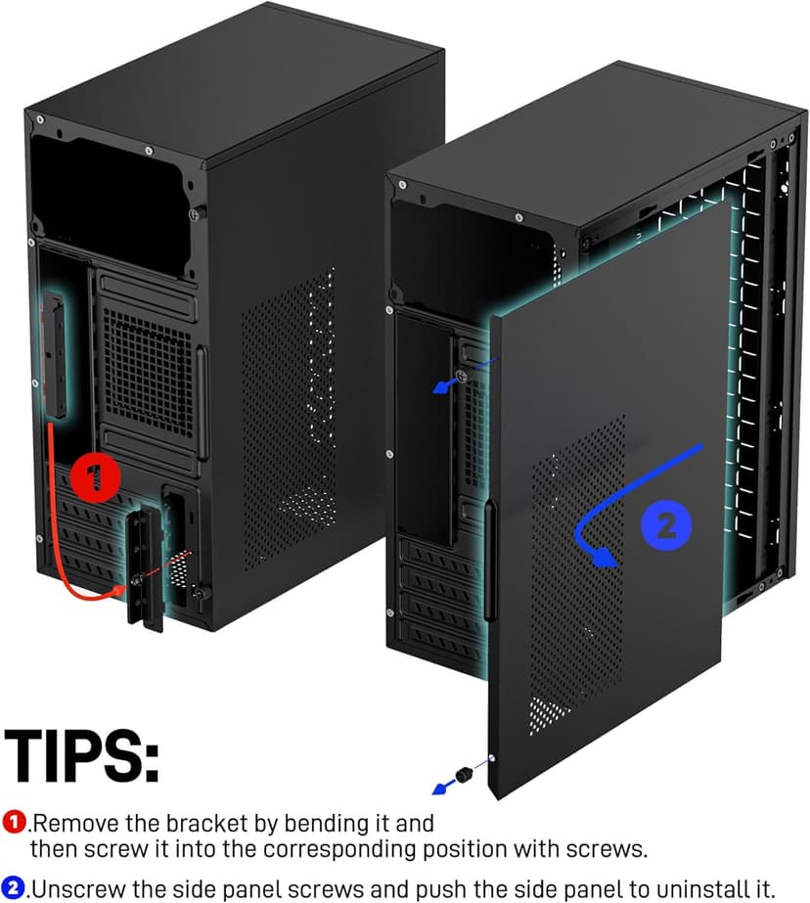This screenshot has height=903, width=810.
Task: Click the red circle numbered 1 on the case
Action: (x=95, y=478)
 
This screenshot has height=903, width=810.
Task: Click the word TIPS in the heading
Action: (x=82, y=754)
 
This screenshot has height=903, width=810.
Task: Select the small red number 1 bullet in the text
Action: (x=15, y=822)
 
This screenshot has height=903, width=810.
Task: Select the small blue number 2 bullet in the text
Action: (x=15, y=889)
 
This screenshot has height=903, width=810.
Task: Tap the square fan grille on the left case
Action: (x=147, y=366)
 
